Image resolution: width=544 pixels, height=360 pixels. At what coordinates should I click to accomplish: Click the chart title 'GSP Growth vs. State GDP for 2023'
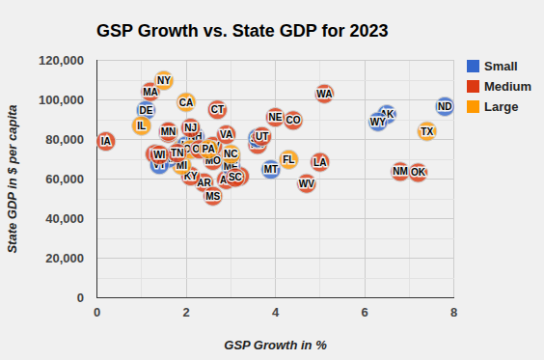point(242,31)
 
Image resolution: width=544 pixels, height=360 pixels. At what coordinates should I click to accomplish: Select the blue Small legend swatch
point(473,67)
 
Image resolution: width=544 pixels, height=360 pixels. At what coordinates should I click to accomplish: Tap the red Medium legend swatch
point(473,87)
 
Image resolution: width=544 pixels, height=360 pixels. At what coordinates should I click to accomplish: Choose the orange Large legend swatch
point(473,107)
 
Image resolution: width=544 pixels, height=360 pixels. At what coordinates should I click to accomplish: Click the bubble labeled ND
point(445,106)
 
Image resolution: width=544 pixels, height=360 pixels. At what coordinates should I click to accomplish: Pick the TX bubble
point(427,131)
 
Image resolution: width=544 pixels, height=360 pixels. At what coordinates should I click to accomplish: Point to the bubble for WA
point(324,94)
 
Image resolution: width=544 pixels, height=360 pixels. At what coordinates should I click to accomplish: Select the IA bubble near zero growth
point(105,142)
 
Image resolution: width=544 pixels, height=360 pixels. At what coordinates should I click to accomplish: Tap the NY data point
point(164,80)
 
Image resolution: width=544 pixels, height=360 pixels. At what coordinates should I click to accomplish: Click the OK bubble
point(418,172)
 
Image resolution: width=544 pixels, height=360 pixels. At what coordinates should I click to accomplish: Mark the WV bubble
point(307,183)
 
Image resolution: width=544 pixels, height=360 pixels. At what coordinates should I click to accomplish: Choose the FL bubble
point(288,159)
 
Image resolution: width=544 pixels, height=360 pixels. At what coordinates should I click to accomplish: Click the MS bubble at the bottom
point(213,196)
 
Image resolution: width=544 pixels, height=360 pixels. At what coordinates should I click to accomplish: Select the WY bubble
point(377,122)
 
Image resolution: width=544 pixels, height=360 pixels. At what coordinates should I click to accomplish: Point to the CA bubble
point(186,102)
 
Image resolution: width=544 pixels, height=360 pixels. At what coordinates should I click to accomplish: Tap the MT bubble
point(271,169)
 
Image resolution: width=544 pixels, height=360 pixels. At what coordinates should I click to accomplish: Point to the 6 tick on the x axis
point(365,312)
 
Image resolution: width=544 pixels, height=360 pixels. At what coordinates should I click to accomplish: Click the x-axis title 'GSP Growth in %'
point(275,345)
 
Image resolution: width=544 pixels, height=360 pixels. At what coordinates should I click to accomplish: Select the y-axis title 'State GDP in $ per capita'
point(14,180)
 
